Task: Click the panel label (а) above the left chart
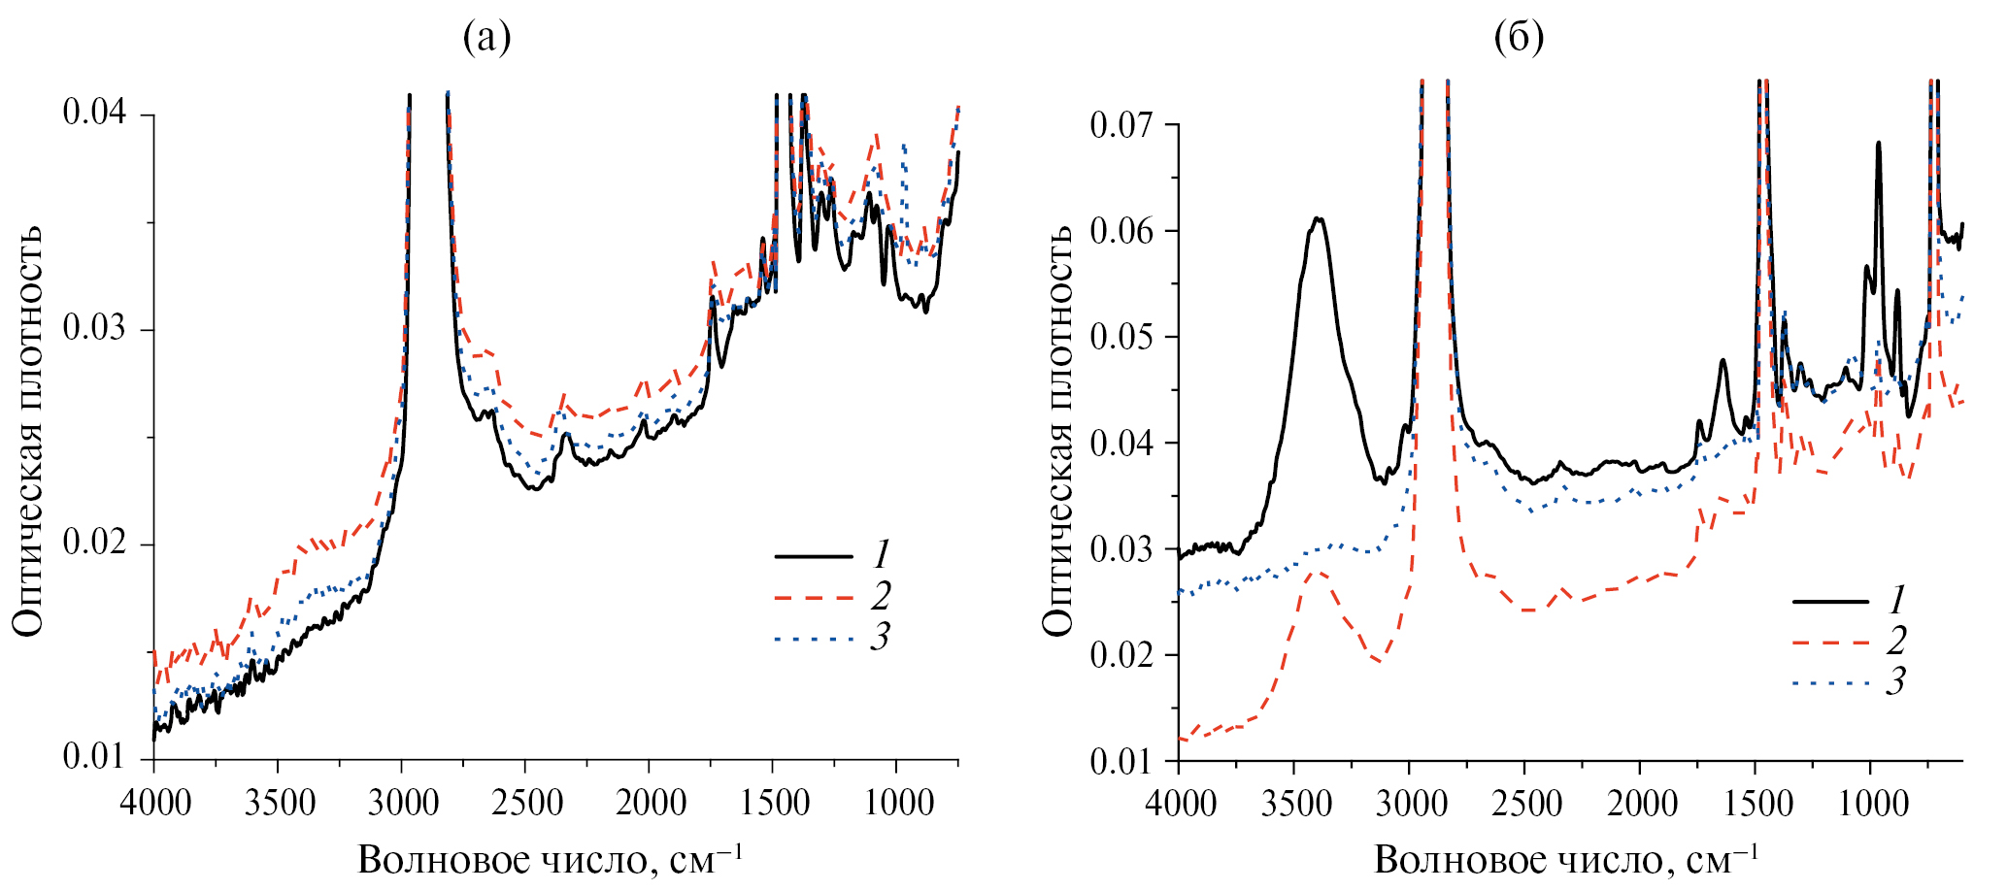[486, 38]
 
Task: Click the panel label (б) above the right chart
[1519, 38]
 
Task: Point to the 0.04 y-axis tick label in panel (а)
[94, 115]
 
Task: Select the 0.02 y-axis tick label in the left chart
[94, 544]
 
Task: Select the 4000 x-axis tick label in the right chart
[1178, 805]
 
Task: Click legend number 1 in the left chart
[881, 555]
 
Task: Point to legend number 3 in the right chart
[1895, 682]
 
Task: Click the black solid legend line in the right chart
[1830, 602]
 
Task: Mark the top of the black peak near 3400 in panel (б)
[1318, 218]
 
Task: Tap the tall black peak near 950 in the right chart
[1879, 144]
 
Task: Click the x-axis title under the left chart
[551, 860]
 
